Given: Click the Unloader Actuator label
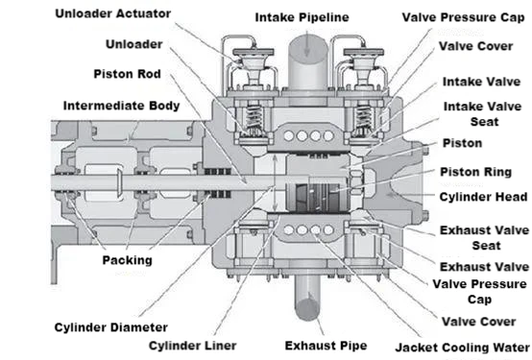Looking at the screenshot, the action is (x=113, y=13).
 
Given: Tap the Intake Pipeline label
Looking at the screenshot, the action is (x=302, y=17).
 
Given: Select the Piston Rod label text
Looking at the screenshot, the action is (x=127, y=74).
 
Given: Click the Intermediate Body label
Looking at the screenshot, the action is (x=121, y=106).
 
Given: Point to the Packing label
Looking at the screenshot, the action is (x=127, y=260).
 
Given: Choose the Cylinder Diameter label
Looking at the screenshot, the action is (x=111, y=327).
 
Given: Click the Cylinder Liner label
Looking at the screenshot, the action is (x=193, y=346).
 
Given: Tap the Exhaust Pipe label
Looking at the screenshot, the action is (x=326, y=346).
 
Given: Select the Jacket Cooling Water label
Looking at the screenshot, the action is (x=463, y=348).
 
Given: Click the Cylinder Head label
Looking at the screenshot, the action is (x=483, y=197).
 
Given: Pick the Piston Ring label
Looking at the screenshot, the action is (x=476, y=172).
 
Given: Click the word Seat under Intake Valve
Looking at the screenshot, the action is (x=485, y=122).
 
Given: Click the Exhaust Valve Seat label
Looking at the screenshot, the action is (x=485, y=238).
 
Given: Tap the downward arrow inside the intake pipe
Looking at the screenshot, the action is (x=306, y=44).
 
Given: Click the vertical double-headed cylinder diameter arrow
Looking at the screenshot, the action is (x=275, y=182).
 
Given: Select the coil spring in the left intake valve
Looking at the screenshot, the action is (x=254, y=118).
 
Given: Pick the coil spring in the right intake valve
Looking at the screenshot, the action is (x=363, y=118).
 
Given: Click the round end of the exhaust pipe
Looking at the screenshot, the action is (x=307, y=308).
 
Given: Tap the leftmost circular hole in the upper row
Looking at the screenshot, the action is (x=288, y=136).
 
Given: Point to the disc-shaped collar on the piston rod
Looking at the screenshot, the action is (x=120, y=182).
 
